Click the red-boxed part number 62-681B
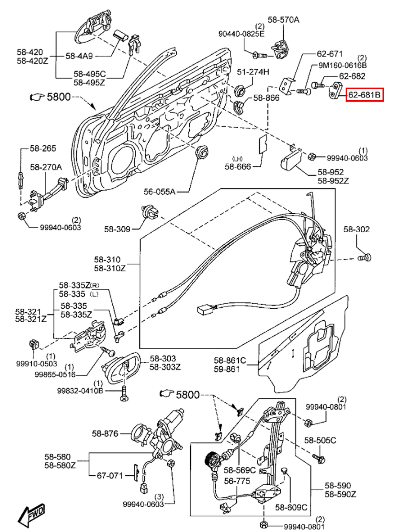pyautogui.click(x=365, y=95)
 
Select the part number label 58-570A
pyautogui.click(x=283, y=20)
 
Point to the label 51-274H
pyautogui.click(x=253, y=72)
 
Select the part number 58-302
pyautogui.click(x=356, y=229)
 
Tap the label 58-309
pyautogui.click(x=117, y=229)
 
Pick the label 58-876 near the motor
pyautogui.click(x=105, y=433)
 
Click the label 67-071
pyautogui.click(x=110, y=475)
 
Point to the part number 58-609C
pyautogui.click(x=291, y=507)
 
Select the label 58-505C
pyautogui.click(x=320, y=440)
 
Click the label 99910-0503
pyautogui.click(x=37, y=364)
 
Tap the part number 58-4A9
pyautogui.click(x=79, y=56)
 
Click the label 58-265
pyautogui.click(x=43, y=148)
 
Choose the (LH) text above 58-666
pyautogui.click(x=237, y=159)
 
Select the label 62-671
pyautogui.click(x=329, y=54)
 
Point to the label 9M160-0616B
pyautogui.click(x=342, y=65)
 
